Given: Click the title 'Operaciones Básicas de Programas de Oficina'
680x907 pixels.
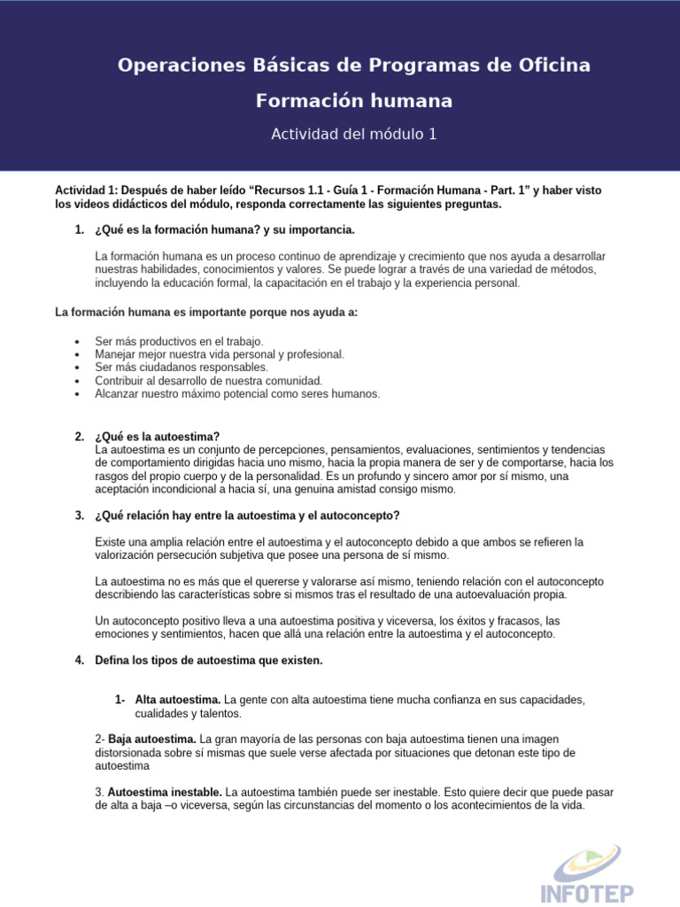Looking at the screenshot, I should pos(354,66).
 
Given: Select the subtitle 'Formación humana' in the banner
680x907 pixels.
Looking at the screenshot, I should pos(354,101).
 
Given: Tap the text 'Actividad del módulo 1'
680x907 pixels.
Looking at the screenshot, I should pos(354,135).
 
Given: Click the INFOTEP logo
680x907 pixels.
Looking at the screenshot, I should pos(588,872).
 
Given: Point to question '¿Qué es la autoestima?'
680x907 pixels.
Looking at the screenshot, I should pos(157,436).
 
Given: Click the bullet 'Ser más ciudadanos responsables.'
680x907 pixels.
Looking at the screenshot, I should pos(181,367).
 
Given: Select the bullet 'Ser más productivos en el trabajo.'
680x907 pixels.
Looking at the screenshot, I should pos(179,341).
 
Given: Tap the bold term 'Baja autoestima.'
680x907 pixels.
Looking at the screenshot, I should pos(151,739).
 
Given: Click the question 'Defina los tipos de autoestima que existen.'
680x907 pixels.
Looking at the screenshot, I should pos(209,660).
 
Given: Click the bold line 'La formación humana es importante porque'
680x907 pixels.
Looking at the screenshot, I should pos(206,313).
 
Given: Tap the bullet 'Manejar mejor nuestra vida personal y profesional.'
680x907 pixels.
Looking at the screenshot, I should pos(220,353).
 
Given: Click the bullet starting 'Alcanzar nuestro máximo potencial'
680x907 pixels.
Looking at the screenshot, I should pos(237,393).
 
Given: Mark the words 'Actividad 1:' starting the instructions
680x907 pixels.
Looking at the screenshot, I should pos(85,190).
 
